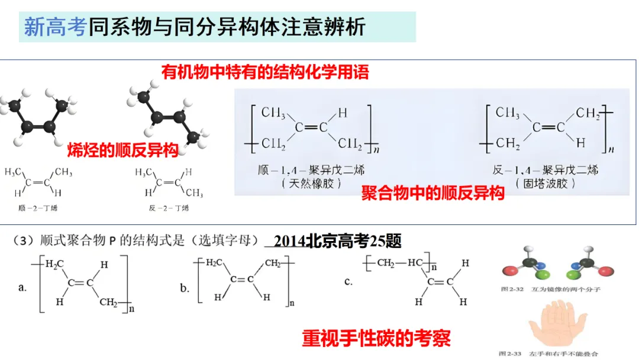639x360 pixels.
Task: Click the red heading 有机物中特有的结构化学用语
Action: [x=265, y=72]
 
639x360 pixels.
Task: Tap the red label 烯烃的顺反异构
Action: [x=123, y=150]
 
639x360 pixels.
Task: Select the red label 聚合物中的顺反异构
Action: [x=433, y=193]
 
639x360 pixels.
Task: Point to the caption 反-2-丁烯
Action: [x=169, y=208]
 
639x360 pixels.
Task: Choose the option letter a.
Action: [x=23, y=288]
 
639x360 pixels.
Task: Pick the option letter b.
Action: [x=185, y=288]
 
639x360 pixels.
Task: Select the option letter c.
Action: [x=348, y=281]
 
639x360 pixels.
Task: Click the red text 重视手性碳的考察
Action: [x=376, y=338]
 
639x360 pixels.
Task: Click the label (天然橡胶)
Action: [x=312, y=183]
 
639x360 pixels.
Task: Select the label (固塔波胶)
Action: [x=545, y=183]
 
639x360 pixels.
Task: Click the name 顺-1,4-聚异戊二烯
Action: [x=312, y=171]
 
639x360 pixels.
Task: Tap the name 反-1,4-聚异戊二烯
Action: [x=545, y=171]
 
